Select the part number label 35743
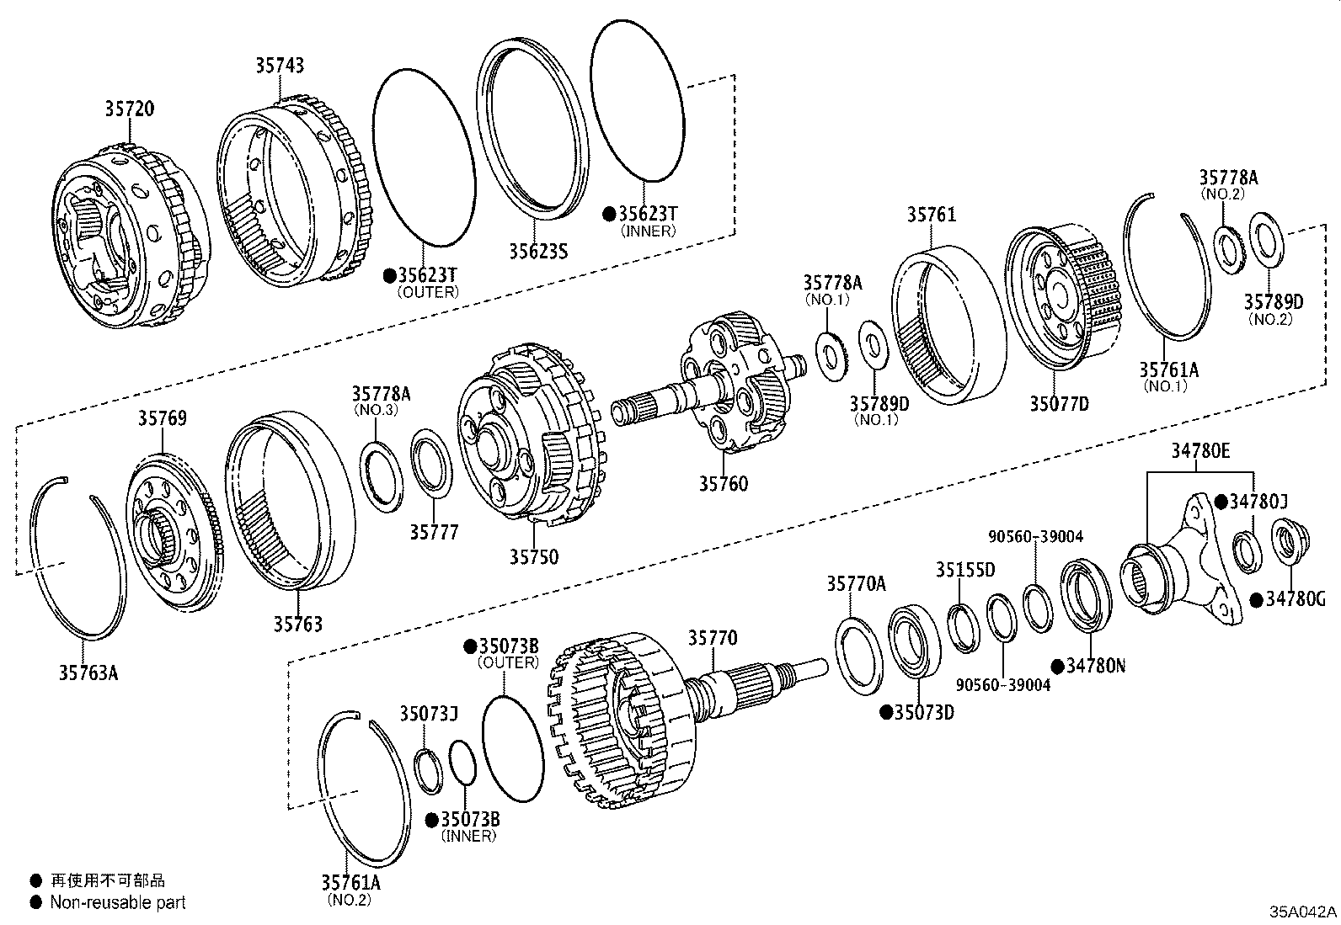[x=280, y=66]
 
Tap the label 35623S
[x=538, y=250]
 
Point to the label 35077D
[x=1058, y=403]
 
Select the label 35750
[x=533, y=556]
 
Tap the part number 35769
[x=163, y=418]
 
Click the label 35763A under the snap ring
[x=88, y=672]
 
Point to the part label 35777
[x=434, y=532]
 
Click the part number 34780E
[x=1199, y=450]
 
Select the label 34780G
[x=1296, y=599]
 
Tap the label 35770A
[x=856, y=583]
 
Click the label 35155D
[x=964, y=570]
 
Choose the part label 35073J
[x=428, y=714]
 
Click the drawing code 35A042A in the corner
[x=1304, y=912]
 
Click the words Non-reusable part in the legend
[x=117, y=902]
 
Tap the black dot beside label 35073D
[x=885, y=712]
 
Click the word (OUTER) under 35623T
[x=428, y=292]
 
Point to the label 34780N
[x=1095, y=665]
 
